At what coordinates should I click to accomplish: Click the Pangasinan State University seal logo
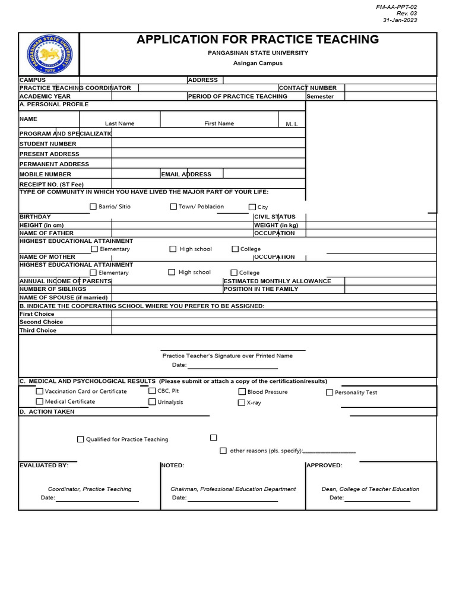click(49, 55)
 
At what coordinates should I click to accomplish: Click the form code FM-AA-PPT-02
click(397, 6)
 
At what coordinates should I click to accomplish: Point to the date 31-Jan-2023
click(400, 20)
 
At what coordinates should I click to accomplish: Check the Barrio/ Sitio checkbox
click(93, 207)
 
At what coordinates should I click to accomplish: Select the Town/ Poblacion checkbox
click(173, 207)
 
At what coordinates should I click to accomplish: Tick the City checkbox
click(252, 207)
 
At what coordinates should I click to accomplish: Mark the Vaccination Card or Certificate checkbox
click(40, 391)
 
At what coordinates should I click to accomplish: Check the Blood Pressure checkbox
click(242, 392)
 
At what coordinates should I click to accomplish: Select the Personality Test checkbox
click(330, 392)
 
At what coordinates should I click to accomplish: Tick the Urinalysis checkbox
click(153, 402)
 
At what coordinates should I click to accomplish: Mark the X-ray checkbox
click(242, 403)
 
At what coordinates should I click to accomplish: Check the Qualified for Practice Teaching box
click(81, 439)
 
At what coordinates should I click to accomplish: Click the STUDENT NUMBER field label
click(48, 144)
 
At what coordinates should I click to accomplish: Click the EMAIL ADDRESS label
click(186, 174)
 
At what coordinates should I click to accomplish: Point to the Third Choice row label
click(38, 330)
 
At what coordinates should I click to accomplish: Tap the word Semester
click(320, 96)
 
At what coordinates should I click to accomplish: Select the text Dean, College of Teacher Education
click(370, 489)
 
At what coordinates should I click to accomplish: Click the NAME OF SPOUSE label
click(64, 297)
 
